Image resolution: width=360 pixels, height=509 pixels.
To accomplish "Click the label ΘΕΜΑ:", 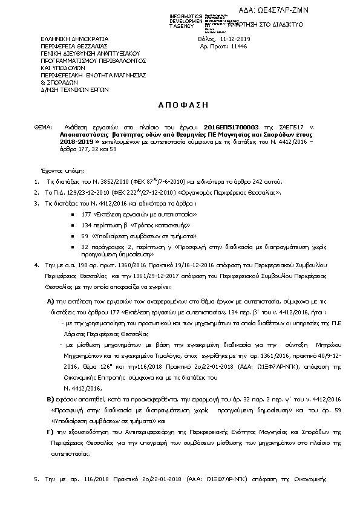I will coord(43,128).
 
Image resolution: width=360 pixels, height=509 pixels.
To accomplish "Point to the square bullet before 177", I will coord(73,215).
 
